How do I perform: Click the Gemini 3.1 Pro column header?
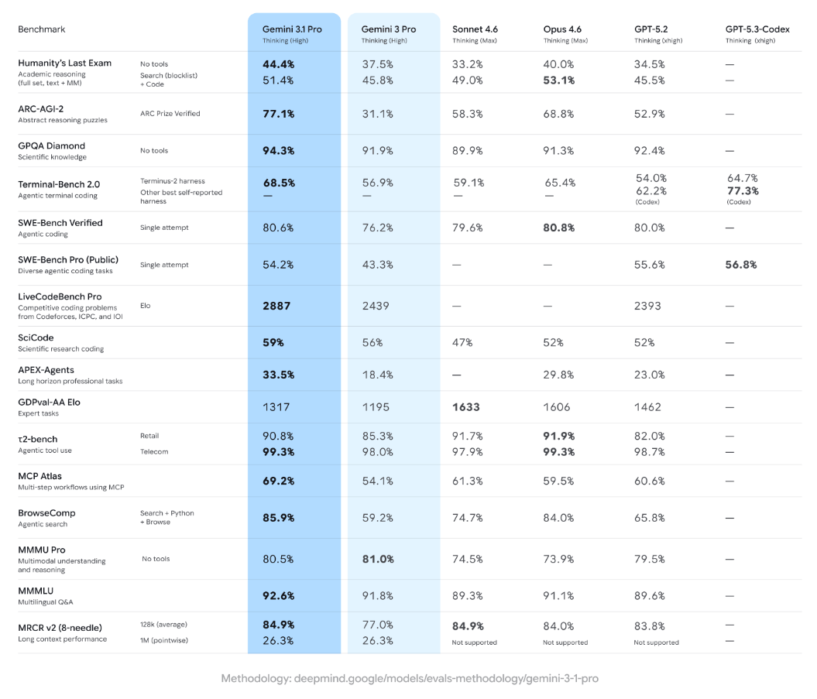pyautogui.click(x=293, y=29)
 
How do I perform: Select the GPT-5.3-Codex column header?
pyautogui.click(x=757, y=29)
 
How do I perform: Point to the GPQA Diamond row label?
pyautogui.click(x=51, y=146)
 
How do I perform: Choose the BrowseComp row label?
pyautogui.click(x=46, y=512)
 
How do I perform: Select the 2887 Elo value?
pyautogui.click(x=276, y=306)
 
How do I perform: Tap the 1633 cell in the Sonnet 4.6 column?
pyautogui.click(x=466, y=406)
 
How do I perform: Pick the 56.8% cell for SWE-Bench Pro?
pyautogui.click(x=741, y=265)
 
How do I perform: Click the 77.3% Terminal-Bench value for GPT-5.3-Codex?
pyautogui.click(x=743, y=190)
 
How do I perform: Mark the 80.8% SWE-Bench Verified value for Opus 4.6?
pyautogui.click(x=559, y=228)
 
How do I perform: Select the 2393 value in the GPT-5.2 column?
pyautogui.click(x=648, y=306)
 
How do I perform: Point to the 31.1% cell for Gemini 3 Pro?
pyautogui.click(x=377, y=114)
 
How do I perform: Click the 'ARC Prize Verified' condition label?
pyautogui.click(x=170, y=114)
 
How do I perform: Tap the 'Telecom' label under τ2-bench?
pyautogui.click(x=153, y=451)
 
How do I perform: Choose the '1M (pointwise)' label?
pyautogui.click(x=163, y=640)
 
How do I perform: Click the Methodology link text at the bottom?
pyautogui.click(x=409, y=678)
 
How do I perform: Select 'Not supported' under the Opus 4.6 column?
pyautogui.click(x=565, y=642)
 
